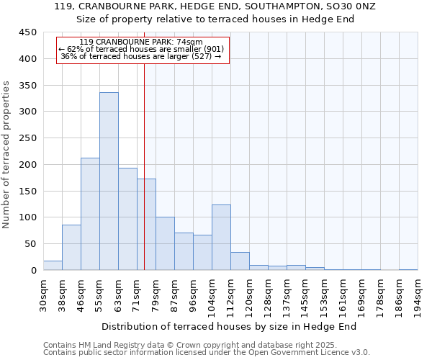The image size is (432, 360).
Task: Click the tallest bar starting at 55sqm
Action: (x=109, y=181)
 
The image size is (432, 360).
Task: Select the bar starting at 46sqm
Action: (x=90, y=214)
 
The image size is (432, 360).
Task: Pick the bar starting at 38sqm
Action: (x=71, y=248)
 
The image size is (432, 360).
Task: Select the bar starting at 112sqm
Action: (x=240, y=261)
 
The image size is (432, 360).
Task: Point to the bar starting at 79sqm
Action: (x=165, y=243)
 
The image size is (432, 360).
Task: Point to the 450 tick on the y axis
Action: (x=28, y=32)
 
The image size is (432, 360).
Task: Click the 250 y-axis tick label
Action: (x=28, y=138)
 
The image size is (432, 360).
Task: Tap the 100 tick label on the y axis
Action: (x=28, y=217)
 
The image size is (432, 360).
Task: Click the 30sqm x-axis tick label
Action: (x=44, y=295)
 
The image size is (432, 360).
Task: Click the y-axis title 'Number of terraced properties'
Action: (x=6, y=154)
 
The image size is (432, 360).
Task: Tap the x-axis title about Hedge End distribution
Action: (x=234, y=326)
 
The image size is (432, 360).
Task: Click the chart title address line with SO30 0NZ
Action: (x=215, y=6)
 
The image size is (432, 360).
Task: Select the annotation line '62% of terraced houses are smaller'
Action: (x=142, y=49)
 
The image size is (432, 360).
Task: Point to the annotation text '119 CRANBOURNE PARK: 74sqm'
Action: (x=141, y=42)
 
